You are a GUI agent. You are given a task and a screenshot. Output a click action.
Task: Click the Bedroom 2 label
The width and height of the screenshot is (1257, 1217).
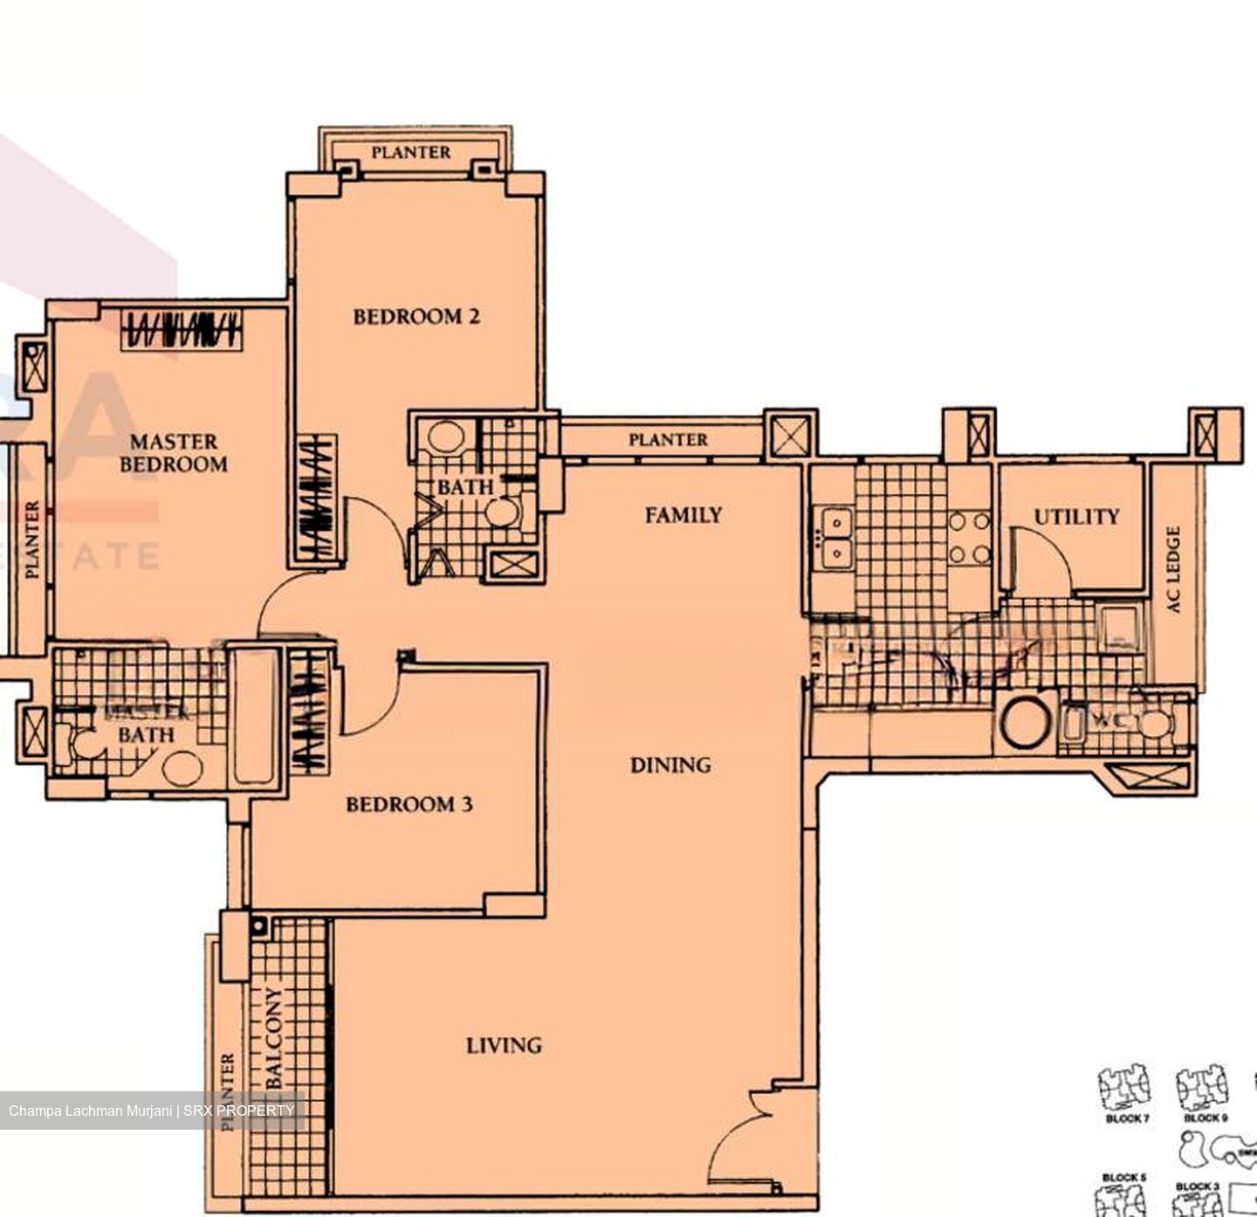click(416, 316)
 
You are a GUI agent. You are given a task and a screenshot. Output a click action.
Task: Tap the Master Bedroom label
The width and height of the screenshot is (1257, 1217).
click(174, 452)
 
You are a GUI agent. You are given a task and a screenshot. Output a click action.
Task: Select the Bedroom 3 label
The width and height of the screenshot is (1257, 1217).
click(409, 803)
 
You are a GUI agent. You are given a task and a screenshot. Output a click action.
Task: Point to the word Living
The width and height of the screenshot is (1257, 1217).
click(504, 1044)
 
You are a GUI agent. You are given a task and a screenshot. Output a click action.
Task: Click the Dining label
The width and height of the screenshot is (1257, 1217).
click(670, 765)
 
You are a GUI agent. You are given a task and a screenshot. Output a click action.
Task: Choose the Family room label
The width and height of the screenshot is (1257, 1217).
click(683, 515)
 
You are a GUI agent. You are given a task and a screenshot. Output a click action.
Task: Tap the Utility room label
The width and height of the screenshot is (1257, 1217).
click(1076, 517)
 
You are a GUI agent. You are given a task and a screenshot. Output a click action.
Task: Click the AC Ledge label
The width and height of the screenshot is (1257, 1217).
click(1174, 569)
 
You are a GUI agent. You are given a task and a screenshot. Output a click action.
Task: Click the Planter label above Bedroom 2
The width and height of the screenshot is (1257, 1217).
click(411, 152)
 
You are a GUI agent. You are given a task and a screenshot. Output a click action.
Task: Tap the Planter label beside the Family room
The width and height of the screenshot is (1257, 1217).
click(668, 440)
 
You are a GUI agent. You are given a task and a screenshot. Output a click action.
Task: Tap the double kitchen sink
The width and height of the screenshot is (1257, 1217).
click(836, 537)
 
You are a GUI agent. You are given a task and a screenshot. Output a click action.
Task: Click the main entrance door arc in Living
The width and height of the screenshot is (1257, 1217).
click(740, 1144)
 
